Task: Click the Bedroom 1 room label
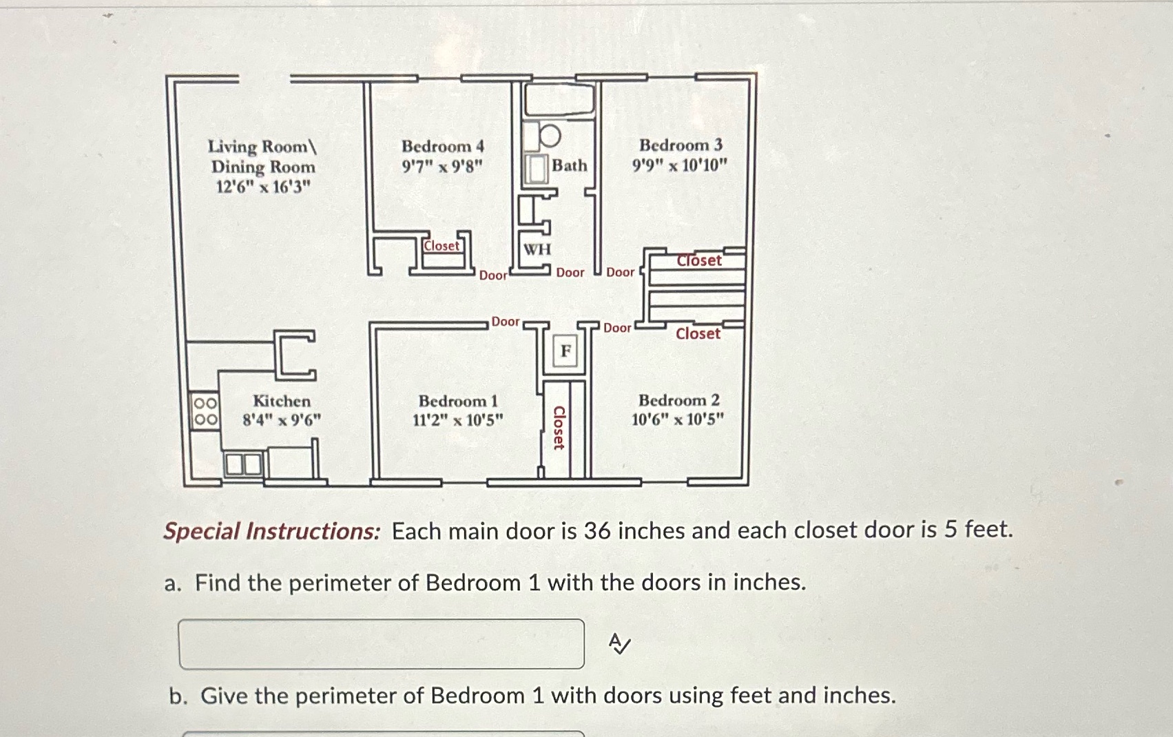point(457,401)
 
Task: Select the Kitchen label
point(281,401)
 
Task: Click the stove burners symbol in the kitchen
point(205,411)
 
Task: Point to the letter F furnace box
point(565,352)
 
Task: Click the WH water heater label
point(537,249)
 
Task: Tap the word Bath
point(569,165)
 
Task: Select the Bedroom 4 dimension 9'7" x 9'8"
point(443,166)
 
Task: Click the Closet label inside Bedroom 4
point(441,246)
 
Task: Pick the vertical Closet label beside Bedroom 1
point(559,428)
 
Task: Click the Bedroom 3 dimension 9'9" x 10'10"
point(680,165)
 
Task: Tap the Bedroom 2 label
point(678,400)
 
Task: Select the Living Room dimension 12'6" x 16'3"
point(263,187)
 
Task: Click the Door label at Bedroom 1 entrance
point(505,322)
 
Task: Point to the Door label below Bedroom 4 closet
point(492,276)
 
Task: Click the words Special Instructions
point(271,532)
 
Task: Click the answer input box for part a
point(381,644)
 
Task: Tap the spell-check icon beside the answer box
point(619,645)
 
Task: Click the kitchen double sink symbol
point(244,465)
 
